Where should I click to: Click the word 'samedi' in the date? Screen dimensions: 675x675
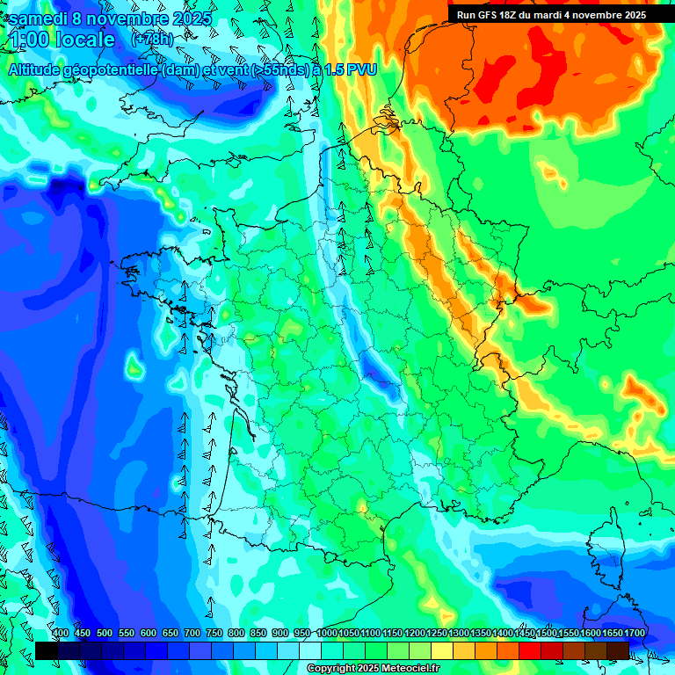(39, 18)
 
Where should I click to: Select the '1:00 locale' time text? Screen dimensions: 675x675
(62, 40)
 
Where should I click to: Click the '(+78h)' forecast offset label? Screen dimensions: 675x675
(152, 40)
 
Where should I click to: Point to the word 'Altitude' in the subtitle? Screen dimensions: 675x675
(37, 69)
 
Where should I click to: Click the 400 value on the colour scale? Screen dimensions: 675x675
(61, 634)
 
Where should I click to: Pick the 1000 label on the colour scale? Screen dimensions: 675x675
(327, 634)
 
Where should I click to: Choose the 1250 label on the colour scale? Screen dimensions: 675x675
(437, 634)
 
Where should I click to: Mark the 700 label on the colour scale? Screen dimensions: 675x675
(192, 634)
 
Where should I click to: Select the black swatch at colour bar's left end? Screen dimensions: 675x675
(47, 650)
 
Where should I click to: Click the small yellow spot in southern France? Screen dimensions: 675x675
(363, 507)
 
